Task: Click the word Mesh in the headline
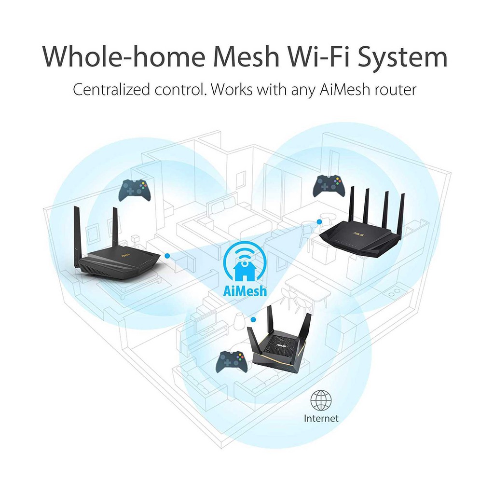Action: coord(247,56)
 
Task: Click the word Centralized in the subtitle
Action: coord(111,89)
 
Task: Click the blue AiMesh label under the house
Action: coord(245,290)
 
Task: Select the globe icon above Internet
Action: coord(321,400)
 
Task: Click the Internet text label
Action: coord(321,418)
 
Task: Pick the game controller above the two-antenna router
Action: coord(135,190)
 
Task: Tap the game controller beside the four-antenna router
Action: coord(329,186)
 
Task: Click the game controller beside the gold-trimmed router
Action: coord(233,362)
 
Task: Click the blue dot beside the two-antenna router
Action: coord(167,256)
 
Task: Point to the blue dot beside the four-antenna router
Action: coord(319,222)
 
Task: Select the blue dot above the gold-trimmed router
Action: coord(253,319)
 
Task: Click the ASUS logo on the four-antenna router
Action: coord(358,234)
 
